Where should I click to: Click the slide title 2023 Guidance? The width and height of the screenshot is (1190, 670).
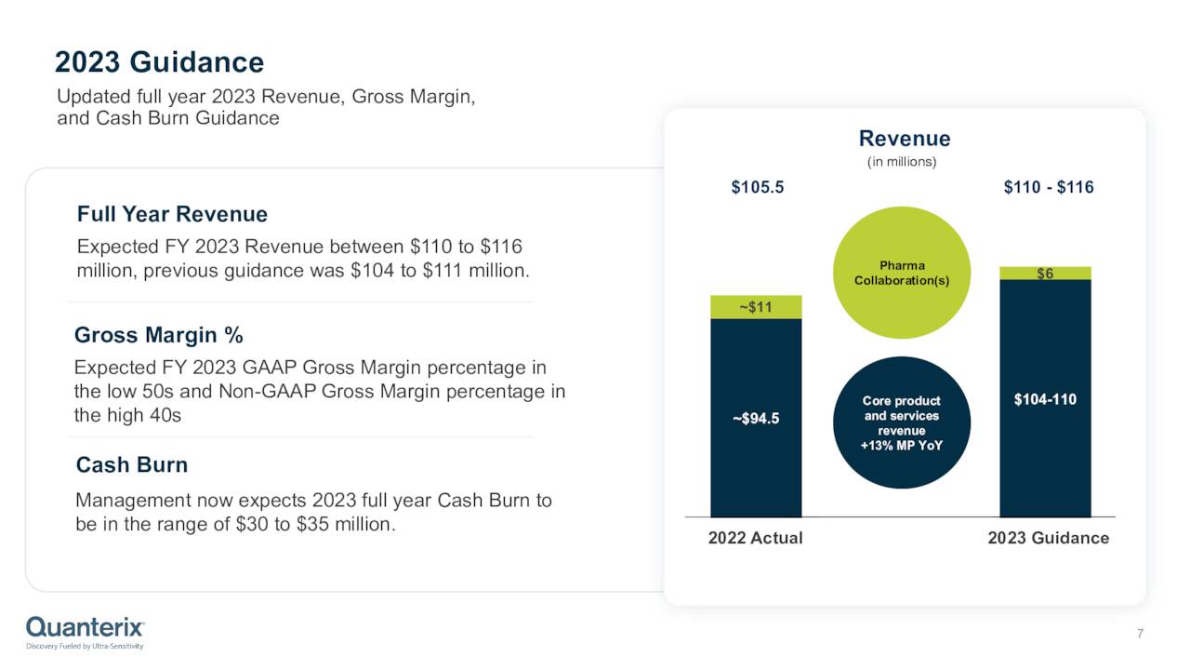[x=159, y=62]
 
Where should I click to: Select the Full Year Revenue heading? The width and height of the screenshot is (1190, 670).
[x=172, y=214]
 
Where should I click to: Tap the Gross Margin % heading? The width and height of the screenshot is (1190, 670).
[x=158, y=335]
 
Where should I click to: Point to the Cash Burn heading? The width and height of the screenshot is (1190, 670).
[x=131, y=464]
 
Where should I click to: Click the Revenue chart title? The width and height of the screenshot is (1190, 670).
[x=904, y=139]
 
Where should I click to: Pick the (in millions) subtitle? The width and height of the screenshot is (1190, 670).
[x=901, y=162]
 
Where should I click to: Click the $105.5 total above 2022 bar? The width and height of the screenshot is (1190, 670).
[x=757, y=187]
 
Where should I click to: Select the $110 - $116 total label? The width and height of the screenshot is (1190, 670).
[x=1048, y=187]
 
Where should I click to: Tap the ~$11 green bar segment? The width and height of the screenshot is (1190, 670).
[x=756, y=307]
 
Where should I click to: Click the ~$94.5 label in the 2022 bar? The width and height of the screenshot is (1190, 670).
[x=756, y=419]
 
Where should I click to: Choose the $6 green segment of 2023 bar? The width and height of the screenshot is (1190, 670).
[x=1045, y=274]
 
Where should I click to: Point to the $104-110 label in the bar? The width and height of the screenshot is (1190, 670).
[x=1045, y=399]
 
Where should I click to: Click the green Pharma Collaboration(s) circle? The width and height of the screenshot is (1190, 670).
[x=901, y=273]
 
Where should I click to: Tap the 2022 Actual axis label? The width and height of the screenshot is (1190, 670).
[x=755, y=538]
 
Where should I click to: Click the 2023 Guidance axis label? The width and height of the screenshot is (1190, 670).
[x=1048, y=538]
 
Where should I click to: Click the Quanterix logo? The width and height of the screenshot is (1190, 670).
[x=85, y=630]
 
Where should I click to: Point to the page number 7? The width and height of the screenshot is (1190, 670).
[x=1140, y=635]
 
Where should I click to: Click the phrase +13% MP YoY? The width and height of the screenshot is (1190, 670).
[x=901, y=445]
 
